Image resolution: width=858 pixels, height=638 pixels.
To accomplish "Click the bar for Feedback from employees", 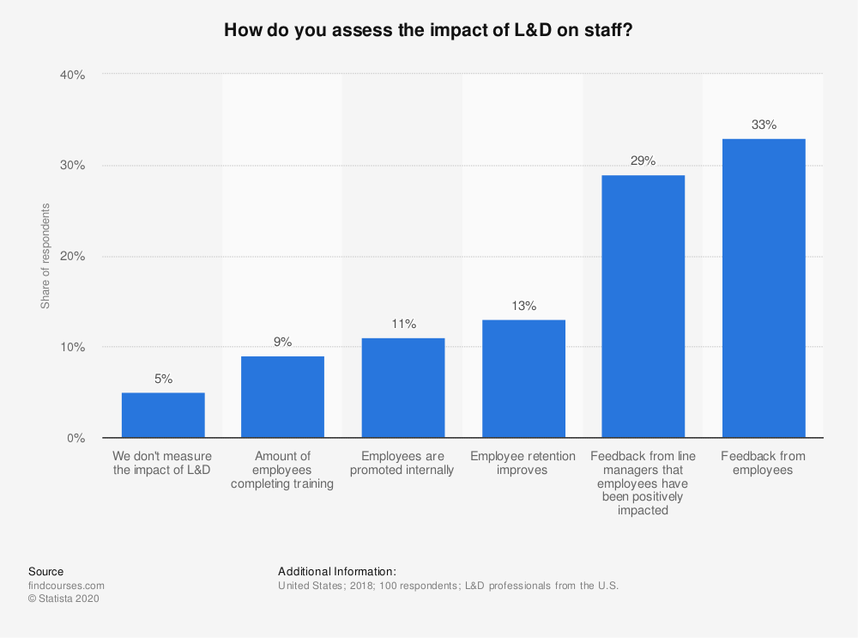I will pyautogui.click(x=764, y=288).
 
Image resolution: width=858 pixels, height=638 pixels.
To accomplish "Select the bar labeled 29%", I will pyautogui.click(x=643, y=307).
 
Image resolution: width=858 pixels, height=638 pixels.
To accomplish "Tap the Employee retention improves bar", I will pyautogui.click(x=523, y=379).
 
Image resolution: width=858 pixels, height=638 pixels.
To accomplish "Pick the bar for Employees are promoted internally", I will pyautogui.click(x=403, y=388).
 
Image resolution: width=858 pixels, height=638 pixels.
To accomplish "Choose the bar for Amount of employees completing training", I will pyautogui.click(x=282, y=397).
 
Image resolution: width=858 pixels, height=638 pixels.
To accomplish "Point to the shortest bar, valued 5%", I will pyautogui.click(x=163, y=415).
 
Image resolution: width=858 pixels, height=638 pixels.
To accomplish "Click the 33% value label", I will pyautogui.click(x=764, y=125).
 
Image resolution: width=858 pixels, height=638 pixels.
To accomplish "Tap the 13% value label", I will pyautogui.click(x=523, y=306).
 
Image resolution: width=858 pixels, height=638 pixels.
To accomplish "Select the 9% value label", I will pyautogui.click(x=282, y=342).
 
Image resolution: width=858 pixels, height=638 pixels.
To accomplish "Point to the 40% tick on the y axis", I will pyautogui.click(x=72, y=75).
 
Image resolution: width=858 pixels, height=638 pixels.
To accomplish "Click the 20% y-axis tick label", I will pyautogui.click(x=72, y=257).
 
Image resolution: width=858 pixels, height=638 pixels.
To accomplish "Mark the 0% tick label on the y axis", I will pyautogui.click(x=76, y=438).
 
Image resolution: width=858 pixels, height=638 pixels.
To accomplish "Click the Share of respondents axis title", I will pyautogui.click(x=45, y=257).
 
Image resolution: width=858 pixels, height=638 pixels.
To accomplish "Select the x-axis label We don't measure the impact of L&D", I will pyautogui.click(x=162, y=463).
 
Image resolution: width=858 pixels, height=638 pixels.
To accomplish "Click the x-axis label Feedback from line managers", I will pyautogui.click(x=643, y=483).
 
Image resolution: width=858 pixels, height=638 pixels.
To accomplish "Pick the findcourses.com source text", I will pyautogui.click(x=66, y=586).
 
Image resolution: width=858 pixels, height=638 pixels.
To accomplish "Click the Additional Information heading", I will pyautogui.click(x=337, y=571).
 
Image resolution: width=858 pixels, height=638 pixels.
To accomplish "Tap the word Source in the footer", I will pyautogui.click(x=45, y=571).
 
